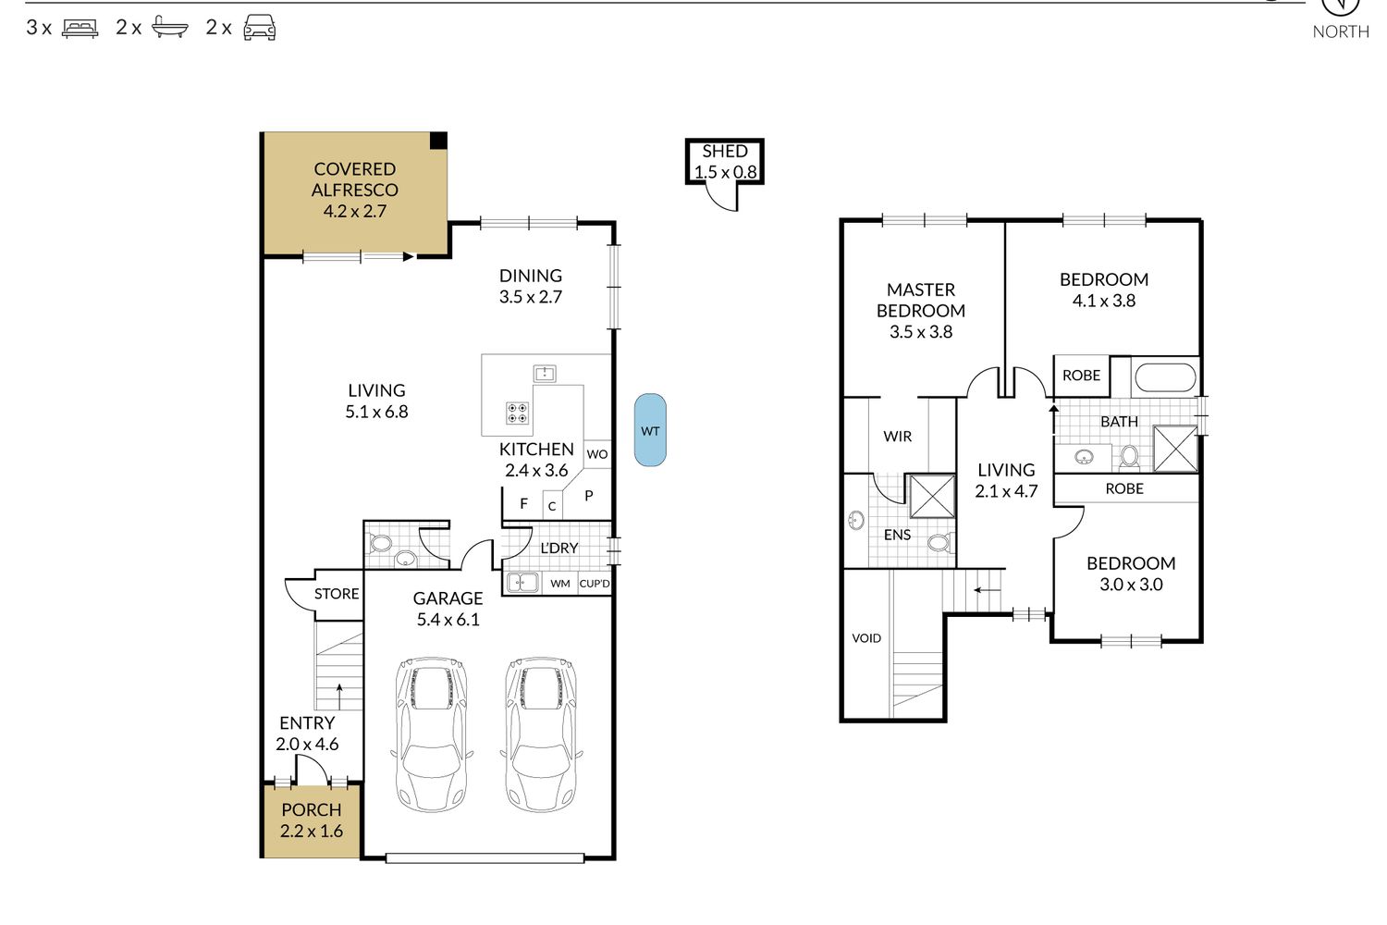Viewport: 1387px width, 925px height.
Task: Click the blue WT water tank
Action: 650,430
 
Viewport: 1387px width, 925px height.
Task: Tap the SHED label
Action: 724,151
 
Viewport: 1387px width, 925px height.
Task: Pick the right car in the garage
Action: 541,734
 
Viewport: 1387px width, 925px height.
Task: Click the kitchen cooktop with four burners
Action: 517,413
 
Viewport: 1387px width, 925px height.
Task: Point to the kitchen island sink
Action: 545,373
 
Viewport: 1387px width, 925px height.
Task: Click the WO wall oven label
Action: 597,454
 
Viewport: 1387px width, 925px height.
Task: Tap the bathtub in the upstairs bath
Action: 1165,376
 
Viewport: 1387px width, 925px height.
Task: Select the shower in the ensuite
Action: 932,497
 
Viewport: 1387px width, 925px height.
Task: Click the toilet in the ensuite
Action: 939,543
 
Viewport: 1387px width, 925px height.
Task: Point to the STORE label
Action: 337,594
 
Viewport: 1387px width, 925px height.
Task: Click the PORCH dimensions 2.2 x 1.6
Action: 312,831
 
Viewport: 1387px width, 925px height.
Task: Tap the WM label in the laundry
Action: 560,584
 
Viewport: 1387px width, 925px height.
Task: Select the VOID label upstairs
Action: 866,638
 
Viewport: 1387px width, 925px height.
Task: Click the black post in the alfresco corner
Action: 438,141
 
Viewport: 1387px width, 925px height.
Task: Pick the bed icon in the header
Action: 80,29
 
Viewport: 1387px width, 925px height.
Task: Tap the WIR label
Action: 897,437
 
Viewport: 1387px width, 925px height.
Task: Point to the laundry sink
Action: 522,583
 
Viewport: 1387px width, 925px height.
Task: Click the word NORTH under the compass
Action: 1341,31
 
